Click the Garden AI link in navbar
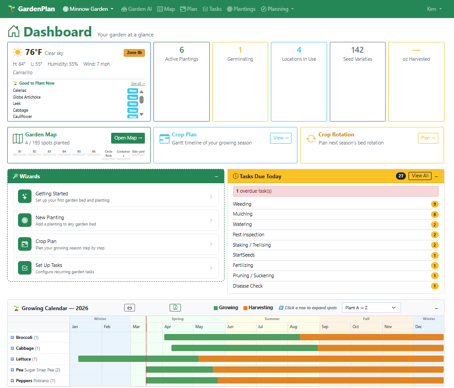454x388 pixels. (137, 9)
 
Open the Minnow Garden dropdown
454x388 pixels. (88, 9)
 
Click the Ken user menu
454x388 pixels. (434, 9)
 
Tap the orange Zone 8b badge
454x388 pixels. (134, 53)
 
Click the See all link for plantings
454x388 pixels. (138, 83)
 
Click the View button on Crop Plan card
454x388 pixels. (280, 138)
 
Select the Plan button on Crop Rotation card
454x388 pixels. (427, 138)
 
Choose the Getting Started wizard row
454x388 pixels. (116, 197)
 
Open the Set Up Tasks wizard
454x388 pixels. (116, 268)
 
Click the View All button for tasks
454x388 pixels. (420, 176)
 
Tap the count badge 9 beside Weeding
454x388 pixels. (434, 204)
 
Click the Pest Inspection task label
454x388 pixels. (248, 235)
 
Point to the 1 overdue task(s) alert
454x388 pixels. (335, 191)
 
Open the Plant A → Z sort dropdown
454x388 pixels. (371, 308)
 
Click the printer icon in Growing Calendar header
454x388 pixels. (130, 308)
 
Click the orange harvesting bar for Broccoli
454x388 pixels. (371, 337)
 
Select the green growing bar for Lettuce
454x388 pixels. (138, 359)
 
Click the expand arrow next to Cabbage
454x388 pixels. (12, 348)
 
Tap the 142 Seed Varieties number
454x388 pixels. (357, 50)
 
